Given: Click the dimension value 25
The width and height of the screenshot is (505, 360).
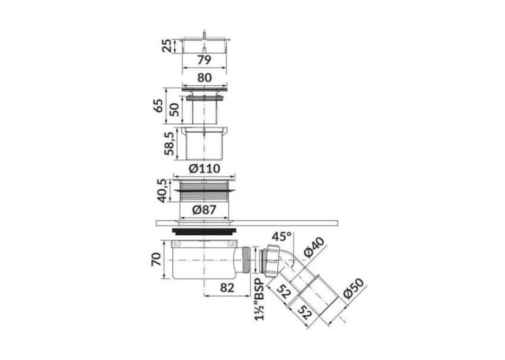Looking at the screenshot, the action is click(x=167, y=46).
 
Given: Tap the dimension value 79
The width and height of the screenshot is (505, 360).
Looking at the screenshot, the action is click(x=204, y=60).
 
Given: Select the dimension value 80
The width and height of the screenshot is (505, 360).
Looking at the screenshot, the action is click(x=205, y=78).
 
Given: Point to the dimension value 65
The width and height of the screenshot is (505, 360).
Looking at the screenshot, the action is click(x=158, y=106).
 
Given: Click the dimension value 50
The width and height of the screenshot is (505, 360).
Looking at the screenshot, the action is click(x=174, y=110).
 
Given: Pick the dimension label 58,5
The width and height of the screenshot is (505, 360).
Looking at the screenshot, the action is click(x=169, y=143).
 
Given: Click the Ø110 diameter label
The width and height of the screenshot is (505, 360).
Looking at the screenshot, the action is click(x=204, y=168).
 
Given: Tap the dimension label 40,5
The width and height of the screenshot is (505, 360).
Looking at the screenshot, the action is click(x=162, y=190).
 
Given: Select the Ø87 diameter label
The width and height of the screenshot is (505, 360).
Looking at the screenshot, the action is click(x=204, y=210).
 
